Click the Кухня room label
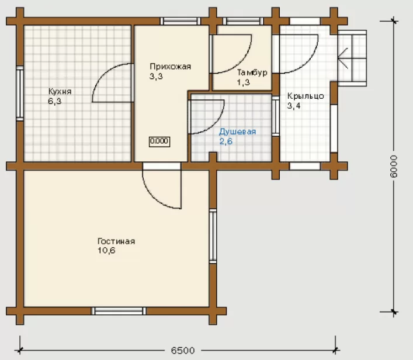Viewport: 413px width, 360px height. pyautogui.click(x=60, y=91)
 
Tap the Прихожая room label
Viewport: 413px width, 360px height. pyautogui.click(x=170, y=67)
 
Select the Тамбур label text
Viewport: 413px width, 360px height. pyautogui.click(x=252, y=72)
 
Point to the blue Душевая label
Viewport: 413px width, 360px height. pyautogui.click(x=237, y=131)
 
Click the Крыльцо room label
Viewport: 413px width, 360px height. pyautogui.click(x=306, y=96)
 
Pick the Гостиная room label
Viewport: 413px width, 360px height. pyautogui.click(x=116, y=241)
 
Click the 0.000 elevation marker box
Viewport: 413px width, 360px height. pyautogui.click(x=159, y=141)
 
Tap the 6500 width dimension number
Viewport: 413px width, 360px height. pyautogui.click(x=183, y=351)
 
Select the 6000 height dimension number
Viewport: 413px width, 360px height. pyautogui.click(x=393, y=166)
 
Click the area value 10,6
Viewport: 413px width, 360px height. pyautogui.click(x=106, y=250)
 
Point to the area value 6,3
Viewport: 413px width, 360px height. pyautogui.click(x=54, y=101)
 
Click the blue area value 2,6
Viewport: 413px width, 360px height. pyautogui.click(x=225, y=141)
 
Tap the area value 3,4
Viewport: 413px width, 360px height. pyautogui.click(x=294, y=106)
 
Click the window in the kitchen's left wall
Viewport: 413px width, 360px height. pyautogui.click(x=20, y=94)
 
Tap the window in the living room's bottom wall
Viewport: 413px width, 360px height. pyautogui.click(x=119, y=311)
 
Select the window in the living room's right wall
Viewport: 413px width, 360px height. pyautogui.click(x=213, y=236)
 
